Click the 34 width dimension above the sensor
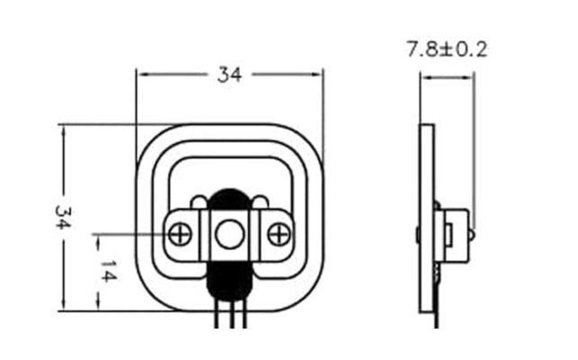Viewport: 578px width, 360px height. click(230, 76)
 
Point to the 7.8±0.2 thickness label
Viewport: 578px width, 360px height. click(447, 50)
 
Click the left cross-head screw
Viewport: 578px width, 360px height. click(179, 234)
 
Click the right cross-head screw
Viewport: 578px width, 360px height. click(278, 234)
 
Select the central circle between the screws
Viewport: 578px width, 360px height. click(229, 234)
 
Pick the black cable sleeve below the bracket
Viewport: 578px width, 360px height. click(228, 281)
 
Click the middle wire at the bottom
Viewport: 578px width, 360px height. click(229, 316)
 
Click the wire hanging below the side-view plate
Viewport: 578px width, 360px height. click(438, 310)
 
